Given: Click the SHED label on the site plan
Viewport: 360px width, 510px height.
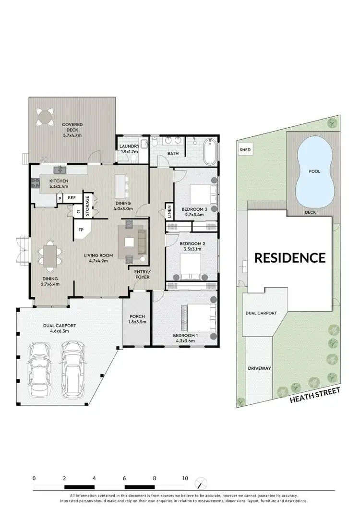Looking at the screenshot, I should (x=245, y=150).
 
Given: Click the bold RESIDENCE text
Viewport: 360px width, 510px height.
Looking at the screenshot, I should (x=289, y=257).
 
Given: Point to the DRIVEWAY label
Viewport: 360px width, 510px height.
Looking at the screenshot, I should (x=260, y=368).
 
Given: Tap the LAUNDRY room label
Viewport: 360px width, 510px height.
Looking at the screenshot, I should (x=129, y=146).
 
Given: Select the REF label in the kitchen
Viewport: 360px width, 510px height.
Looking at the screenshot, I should (x=72, y=197).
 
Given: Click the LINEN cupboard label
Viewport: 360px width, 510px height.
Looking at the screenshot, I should (x=169, y=211).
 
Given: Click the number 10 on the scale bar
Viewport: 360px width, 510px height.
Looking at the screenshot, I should (x=185, y=478).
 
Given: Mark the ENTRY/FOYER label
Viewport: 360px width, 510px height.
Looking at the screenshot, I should (x=142, y=274).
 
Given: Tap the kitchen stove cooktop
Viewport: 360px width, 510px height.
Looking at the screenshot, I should (x=35, y=182).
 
